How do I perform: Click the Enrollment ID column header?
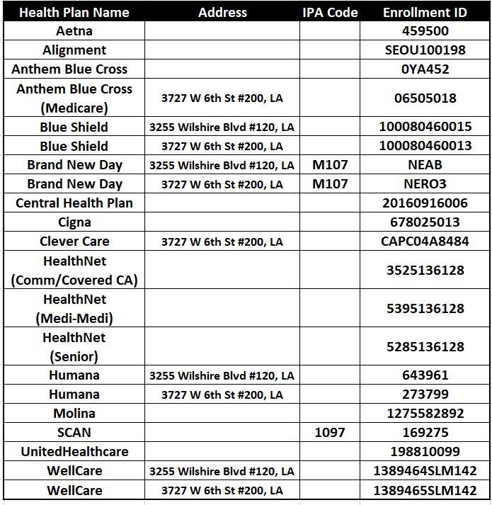(425, 12)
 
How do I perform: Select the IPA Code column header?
(330, 12)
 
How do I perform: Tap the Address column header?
(222, 12)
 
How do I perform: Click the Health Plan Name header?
(74, 12)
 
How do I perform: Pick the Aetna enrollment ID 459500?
(425, 31)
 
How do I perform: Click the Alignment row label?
(74, 50)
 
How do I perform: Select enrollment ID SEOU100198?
(425, 50)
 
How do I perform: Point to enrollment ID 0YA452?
(425, 69)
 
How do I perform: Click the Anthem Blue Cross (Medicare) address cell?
(222, 98)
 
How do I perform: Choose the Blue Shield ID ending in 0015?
(425, 127)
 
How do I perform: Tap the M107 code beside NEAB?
(330, 165)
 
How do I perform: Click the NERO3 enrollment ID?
(425, 184)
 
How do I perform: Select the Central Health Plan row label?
(74, 203)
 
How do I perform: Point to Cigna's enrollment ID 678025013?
(425, 222)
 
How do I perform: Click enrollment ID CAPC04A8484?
(425, 242)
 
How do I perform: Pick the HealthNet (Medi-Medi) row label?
(74, 309)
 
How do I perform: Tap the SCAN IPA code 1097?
(330, 432)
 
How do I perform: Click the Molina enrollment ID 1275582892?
(425, 413)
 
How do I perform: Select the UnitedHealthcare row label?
(74, 451)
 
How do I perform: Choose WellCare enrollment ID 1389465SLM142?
(425, 490)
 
